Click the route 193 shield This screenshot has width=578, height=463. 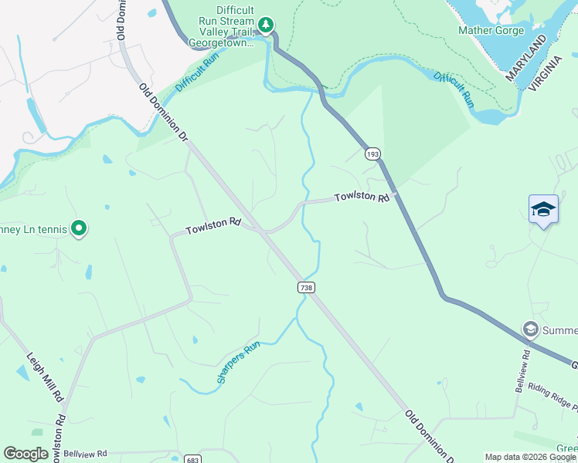point(373,154)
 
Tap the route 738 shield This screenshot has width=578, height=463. point(305,287)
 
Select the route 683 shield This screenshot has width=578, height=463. point(192,458)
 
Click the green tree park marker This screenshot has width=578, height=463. point(267,25)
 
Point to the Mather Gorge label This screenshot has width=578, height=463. point(491,31)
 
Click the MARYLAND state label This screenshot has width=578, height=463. point(526,58)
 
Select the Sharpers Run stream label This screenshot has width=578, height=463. point(236,363)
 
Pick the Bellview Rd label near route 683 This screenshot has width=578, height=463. point(85,455)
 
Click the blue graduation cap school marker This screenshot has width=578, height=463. point(543,209)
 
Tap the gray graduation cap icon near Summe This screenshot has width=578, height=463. point(531,330)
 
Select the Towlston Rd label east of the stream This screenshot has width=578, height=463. point(362,198)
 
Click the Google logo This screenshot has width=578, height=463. point(25,454)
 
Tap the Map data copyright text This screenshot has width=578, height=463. point(530,457)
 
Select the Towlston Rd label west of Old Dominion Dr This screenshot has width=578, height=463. point(213,225)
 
